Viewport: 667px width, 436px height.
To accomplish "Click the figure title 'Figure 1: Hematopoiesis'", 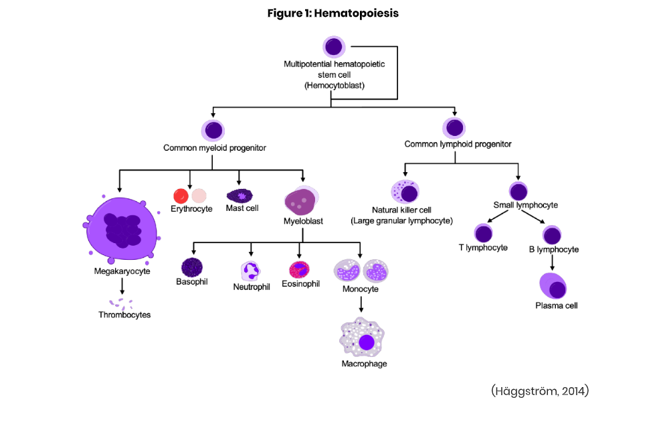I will tap(332, 13).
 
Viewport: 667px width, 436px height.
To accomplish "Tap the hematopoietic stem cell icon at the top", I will tap(334, 47).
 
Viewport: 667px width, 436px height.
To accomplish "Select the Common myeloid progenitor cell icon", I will tap(213, 130).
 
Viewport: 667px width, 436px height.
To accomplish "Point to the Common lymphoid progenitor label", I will tap(458, 144).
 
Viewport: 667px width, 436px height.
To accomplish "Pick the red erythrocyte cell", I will tap(181, 196).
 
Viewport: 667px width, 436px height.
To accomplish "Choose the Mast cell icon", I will tap(240, 196).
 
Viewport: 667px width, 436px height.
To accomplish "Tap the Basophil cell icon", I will tap(192, 267).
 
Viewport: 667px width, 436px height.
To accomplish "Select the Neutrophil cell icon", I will tap(250, 271).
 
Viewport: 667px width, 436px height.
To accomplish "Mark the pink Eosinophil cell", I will tap(298, 269).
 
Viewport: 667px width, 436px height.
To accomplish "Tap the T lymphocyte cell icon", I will tap(483, 233).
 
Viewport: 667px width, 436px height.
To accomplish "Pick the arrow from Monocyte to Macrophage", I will tap(361, 305).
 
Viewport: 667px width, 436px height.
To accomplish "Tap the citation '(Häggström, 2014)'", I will tap(539, 391).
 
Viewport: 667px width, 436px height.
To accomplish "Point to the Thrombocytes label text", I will tap(124, 315).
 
